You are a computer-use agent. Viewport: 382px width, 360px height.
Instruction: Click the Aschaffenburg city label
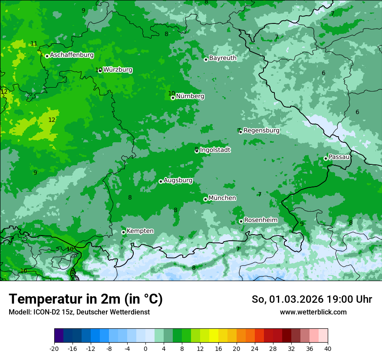pos(72,55)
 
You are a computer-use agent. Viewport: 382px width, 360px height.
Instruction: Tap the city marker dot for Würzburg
pos(100,70)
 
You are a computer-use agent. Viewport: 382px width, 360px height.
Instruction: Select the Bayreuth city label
pos(223,58)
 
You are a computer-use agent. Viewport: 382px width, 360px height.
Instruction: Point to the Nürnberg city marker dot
pos(173,98)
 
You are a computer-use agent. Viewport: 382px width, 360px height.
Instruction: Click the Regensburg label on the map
pos(261,131)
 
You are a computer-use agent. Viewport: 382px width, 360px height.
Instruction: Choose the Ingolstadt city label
pos(215,150)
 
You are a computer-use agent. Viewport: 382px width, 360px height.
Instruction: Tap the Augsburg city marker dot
pos(161,181)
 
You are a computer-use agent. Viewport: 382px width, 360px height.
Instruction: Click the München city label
pos(222,198)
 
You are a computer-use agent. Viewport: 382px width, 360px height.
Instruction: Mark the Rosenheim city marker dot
pos(241,221)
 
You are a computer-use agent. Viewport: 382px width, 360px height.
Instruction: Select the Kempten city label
pos(140,231)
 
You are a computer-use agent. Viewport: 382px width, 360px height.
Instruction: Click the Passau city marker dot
pos(326,158)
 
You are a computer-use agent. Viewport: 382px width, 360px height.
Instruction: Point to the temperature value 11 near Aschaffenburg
pos(34,44)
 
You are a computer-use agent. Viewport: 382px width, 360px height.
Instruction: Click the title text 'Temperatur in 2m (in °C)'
pos(86,299)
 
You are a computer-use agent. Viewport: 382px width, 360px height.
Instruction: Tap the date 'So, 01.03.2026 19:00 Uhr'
pos(312,299)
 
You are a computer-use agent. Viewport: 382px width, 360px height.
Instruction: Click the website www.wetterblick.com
pos(313,312)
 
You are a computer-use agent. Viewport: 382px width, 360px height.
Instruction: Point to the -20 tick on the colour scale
pos(54,348)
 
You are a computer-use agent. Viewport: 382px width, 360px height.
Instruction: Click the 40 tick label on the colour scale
pos(327,348)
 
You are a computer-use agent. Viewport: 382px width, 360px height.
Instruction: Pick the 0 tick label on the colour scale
pos(145,348)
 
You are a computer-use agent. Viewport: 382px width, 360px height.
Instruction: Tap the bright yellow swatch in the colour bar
pos(214,336)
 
